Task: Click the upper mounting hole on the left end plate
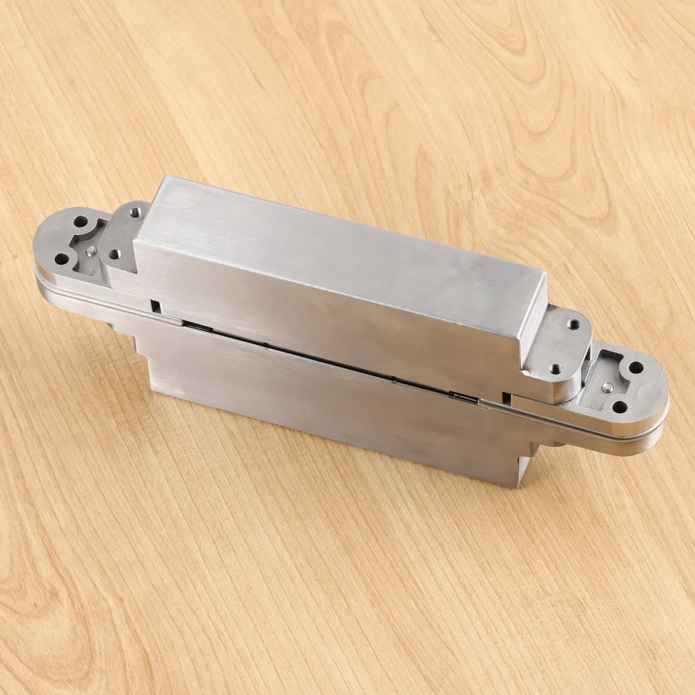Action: pos(81,222)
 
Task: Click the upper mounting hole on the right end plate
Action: pos(636,367)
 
